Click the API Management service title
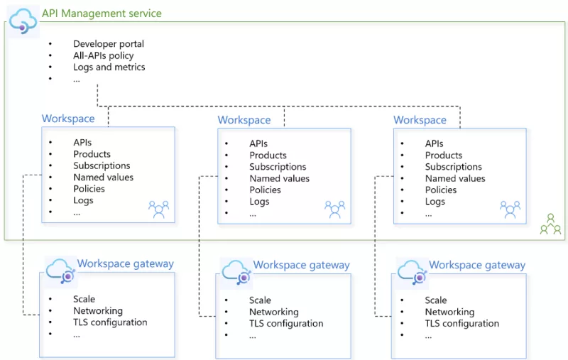coord(102,13)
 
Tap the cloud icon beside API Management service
coord(23,19)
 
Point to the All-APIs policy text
coord(103,55)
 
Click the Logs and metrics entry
coord(109,67)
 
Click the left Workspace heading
coord(68,119)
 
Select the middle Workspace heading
coord(244,120)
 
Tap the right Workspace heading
coord(420,120)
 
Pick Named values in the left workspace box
coord(103,177)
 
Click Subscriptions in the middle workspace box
coord(278,167)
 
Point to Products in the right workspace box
coord(444,155)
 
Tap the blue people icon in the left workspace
coord(158,209)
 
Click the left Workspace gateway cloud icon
coord(60,271)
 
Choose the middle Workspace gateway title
coord(301,265)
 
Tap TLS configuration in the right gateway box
coord(462,323)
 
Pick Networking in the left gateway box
coord(98,310)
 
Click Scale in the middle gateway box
coord(260,300)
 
